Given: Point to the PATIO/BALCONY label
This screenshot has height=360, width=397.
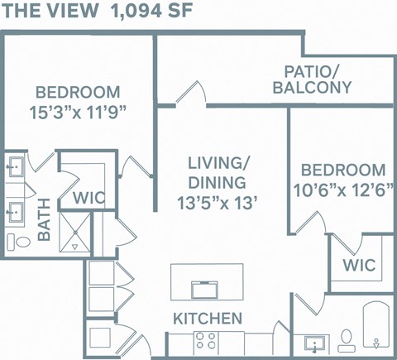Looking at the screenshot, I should (x=318, y=79).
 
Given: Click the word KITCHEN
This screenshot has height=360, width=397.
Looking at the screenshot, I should (x=208, y=318).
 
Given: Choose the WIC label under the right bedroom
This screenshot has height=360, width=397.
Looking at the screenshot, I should (x=359, y=266).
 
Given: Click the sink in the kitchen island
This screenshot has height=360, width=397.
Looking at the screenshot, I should (x=204, y=288).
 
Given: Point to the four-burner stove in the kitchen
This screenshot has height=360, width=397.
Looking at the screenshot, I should (x=205, y=341).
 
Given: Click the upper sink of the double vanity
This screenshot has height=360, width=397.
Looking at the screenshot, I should (x=15, y=166).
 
